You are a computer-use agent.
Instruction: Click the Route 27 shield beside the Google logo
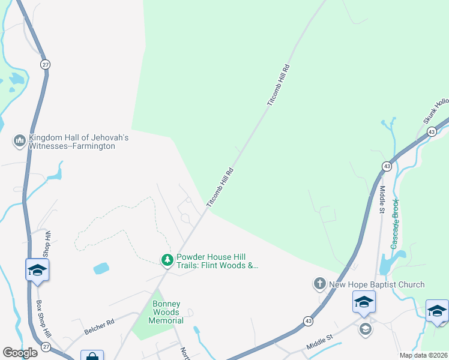(x=46, y=347)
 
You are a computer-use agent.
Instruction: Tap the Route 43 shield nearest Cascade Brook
(x=387, y=166)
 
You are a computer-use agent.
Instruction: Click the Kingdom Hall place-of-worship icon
(x=19, y=141)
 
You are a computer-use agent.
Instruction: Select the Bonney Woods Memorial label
(x=166, y=313)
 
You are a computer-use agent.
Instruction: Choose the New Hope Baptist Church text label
(x=377, y=284)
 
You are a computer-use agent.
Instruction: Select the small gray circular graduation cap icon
(x=365, y=328)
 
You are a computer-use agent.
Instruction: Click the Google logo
(x=20, y=353)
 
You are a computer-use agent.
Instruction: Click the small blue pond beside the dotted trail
(x=101, y=268)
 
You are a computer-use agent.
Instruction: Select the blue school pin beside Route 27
(x=37, y=270)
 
